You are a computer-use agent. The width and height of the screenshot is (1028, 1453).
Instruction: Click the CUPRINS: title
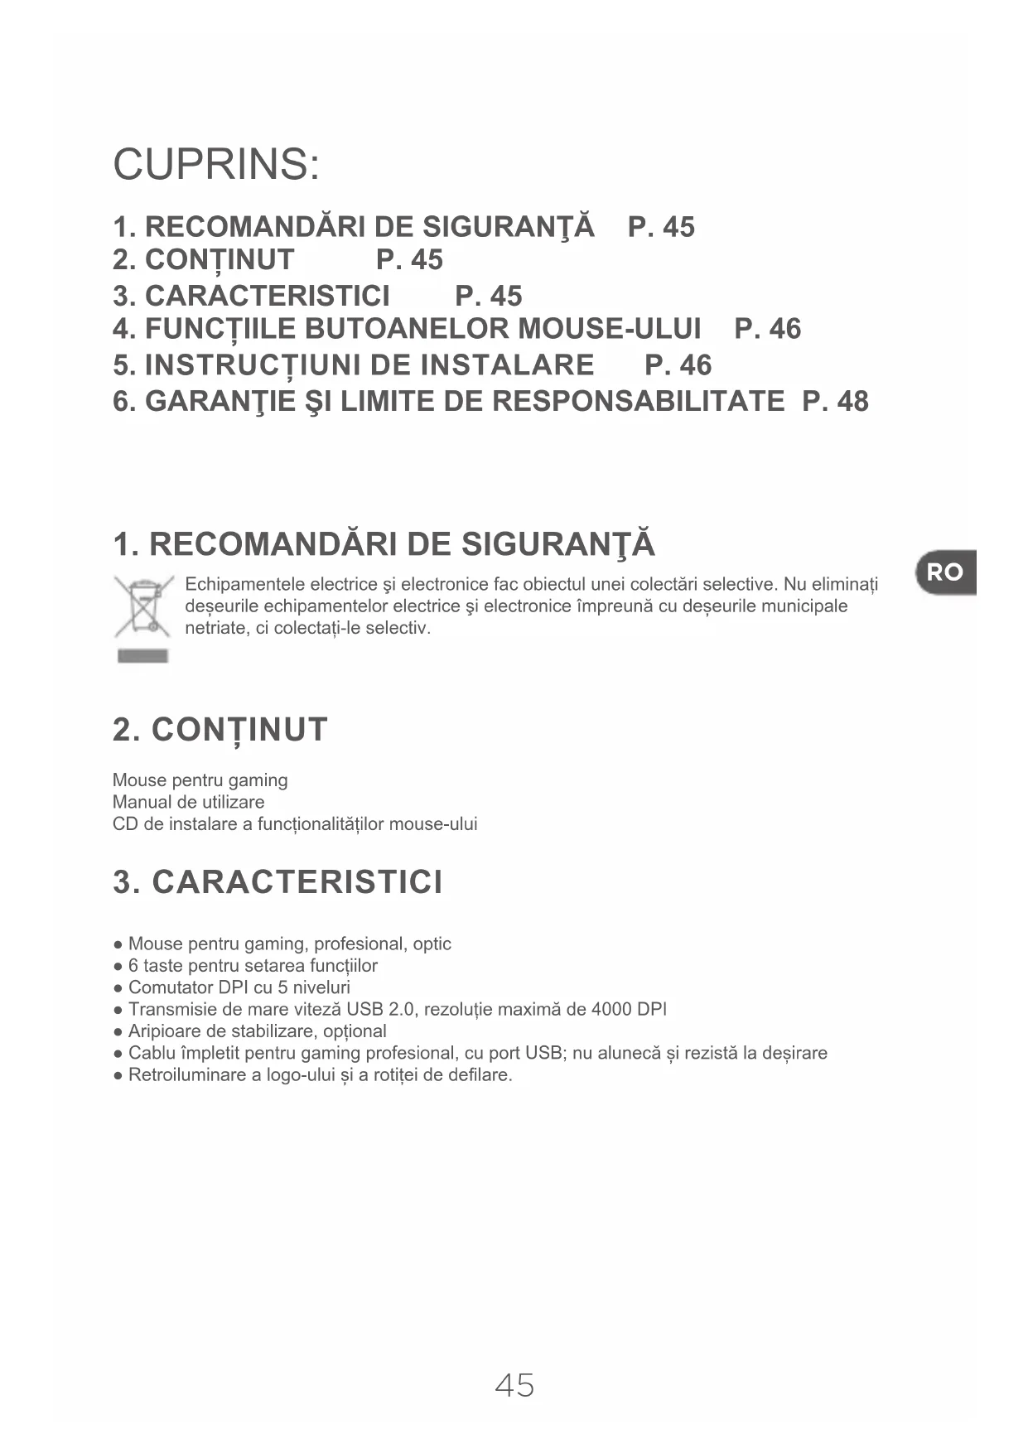[216, 164]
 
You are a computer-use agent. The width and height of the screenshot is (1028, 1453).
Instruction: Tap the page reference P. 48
[835, 402]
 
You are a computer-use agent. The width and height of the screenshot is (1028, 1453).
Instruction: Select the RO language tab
[945, 572]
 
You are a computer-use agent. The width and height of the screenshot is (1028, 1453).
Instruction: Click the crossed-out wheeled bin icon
[143, 607]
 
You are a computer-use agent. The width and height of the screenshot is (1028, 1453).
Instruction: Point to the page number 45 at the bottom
[514, 1385]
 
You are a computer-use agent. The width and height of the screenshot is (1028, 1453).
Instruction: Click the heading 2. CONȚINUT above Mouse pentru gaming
[220, 730]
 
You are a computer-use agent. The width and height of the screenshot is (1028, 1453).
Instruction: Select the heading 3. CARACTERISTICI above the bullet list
[278, 882]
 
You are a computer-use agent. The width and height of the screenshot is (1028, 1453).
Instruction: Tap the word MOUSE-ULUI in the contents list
[609, 329]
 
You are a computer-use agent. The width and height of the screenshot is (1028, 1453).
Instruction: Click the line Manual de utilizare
[189, 802]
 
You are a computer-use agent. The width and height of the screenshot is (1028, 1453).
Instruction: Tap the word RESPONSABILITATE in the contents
[638, 402]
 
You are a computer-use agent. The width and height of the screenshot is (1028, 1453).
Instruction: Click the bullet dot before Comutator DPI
[119, 988]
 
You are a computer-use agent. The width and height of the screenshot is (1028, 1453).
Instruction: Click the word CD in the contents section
[124, 824]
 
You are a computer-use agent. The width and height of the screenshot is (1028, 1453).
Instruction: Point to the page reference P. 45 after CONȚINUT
[409, 260]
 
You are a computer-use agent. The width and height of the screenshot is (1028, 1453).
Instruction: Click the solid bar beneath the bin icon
[143, 657]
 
